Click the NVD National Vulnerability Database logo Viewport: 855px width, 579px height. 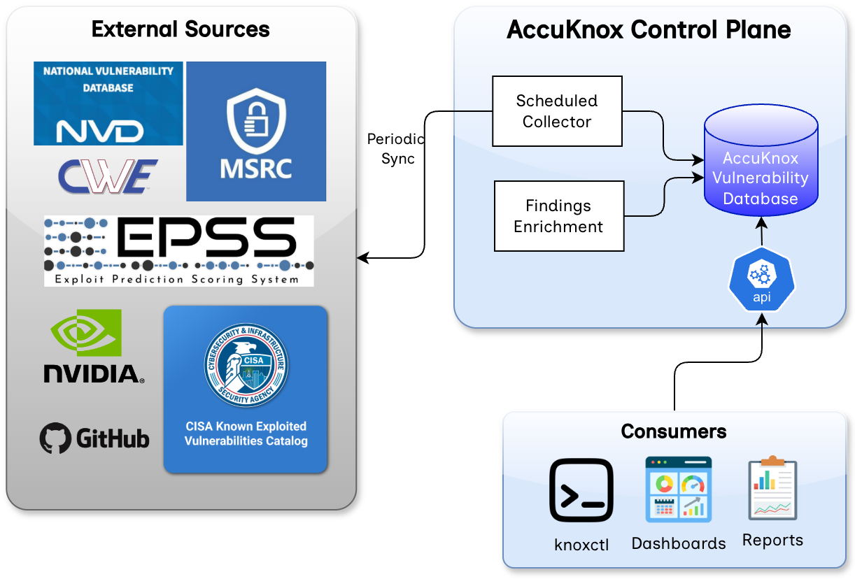tap(108, 103)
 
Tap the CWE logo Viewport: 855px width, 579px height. tap(108, 176)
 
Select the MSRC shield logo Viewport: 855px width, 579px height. tap(256, 131)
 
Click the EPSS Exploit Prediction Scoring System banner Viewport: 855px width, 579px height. tap(178, 251)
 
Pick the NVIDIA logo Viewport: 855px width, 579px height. tap(93, 347)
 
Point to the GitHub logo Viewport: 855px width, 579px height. tap(94, 438)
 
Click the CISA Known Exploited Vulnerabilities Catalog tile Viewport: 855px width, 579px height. tap(246, 389)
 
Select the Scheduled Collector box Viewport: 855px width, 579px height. tap(557, 111)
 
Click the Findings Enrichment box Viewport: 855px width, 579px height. tap(558, 216)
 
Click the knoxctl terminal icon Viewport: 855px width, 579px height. tap(581, 490)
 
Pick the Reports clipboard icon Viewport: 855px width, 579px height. tap(772, 489)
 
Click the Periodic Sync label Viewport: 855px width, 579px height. tap(396, 149)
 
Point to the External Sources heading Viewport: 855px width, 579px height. tap(181, 29)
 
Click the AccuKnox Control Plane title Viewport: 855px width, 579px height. tap(649, 29)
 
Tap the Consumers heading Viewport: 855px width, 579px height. tap(674, 431)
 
